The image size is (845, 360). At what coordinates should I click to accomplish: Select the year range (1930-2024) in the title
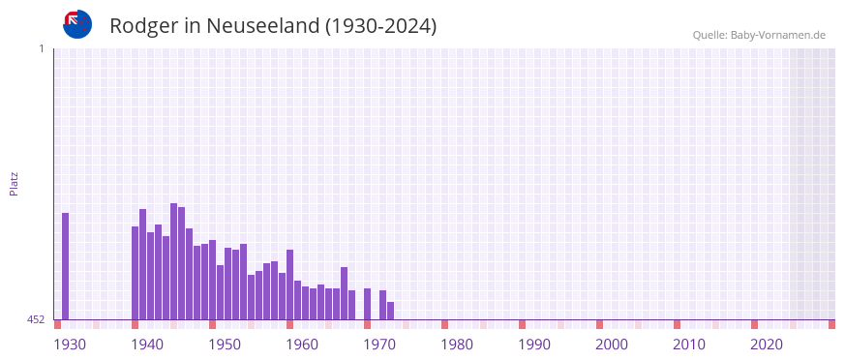(381, 26)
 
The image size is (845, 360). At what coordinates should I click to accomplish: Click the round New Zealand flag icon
(77, 24)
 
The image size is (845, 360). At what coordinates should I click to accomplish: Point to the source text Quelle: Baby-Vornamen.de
(759, 35)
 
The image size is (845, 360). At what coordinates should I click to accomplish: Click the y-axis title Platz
(14, 183)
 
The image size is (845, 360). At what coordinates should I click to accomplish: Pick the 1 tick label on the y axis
(41, 48)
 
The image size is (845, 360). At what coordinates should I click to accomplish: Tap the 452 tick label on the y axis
(36, 319)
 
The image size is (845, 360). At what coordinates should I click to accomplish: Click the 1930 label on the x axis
(70, 344)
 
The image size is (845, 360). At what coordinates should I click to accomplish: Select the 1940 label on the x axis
(147, 344)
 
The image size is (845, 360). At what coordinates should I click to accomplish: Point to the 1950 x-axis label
(225, 344)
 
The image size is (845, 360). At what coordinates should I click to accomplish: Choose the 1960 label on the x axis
(302, 344)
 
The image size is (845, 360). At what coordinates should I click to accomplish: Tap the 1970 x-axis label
(379, 344)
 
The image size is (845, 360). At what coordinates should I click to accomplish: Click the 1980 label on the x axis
(457, 344)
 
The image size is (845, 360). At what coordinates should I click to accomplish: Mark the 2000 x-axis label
(612, 344)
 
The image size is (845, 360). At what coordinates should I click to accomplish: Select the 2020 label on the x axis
(767, 344)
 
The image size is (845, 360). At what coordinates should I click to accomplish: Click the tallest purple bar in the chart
(174, 261)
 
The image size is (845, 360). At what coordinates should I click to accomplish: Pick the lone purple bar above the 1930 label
(66, 266)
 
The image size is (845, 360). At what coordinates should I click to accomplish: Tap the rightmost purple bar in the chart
(391, 311)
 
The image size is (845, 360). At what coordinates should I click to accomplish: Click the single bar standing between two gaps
(368, 304)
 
